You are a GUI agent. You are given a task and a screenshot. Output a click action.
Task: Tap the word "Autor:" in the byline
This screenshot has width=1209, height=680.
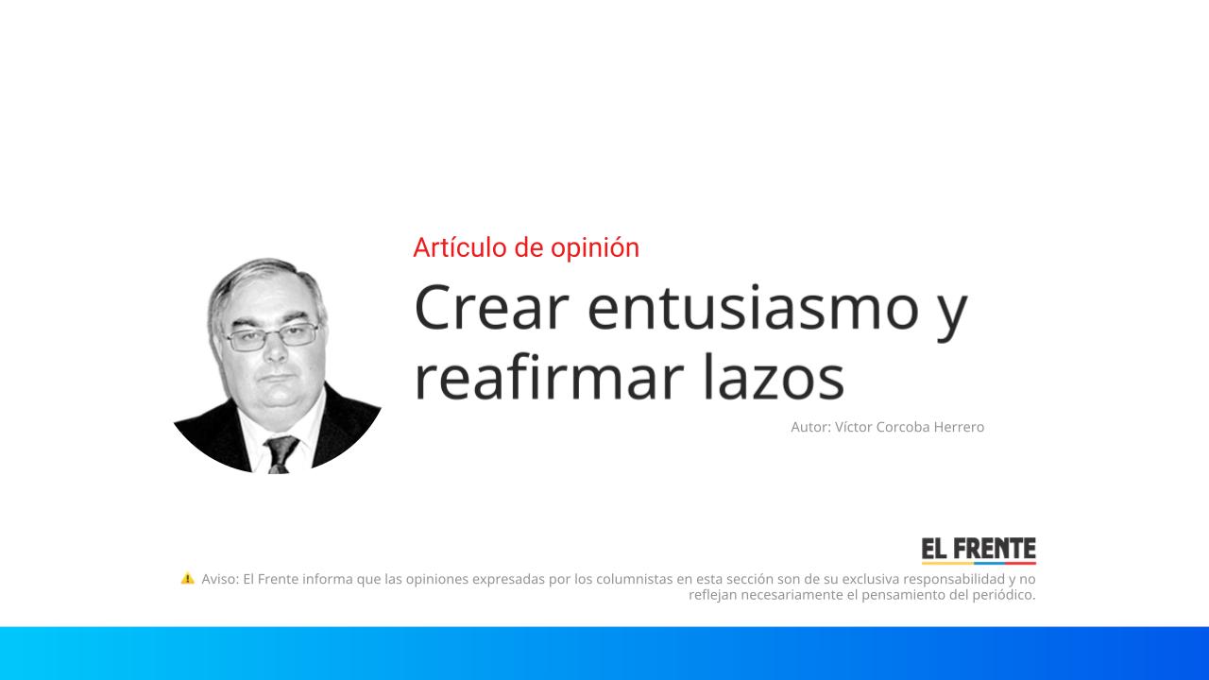click(x=810, y=427)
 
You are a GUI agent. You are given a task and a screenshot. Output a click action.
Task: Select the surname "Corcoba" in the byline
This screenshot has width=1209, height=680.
click(x=903, y=427)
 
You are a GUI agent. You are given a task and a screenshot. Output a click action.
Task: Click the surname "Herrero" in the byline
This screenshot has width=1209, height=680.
click(x=959, y=427)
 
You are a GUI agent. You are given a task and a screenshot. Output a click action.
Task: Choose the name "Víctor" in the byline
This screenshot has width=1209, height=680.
click(x=855, y=427)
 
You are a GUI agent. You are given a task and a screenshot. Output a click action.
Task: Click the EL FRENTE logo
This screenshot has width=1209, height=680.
click(x=979, y=551)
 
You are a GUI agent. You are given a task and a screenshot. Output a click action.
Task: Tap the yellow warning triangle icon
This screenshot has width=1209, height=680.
click(x=187, y=578)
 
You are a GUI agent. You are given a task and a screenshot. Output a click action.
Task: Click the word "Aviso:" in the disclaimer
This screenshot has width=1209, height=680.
click(x=220, y=579)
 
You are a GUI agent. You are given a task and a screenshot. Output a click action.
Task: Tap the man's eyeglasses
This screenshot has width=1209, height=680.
click(x=272, y=337)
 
